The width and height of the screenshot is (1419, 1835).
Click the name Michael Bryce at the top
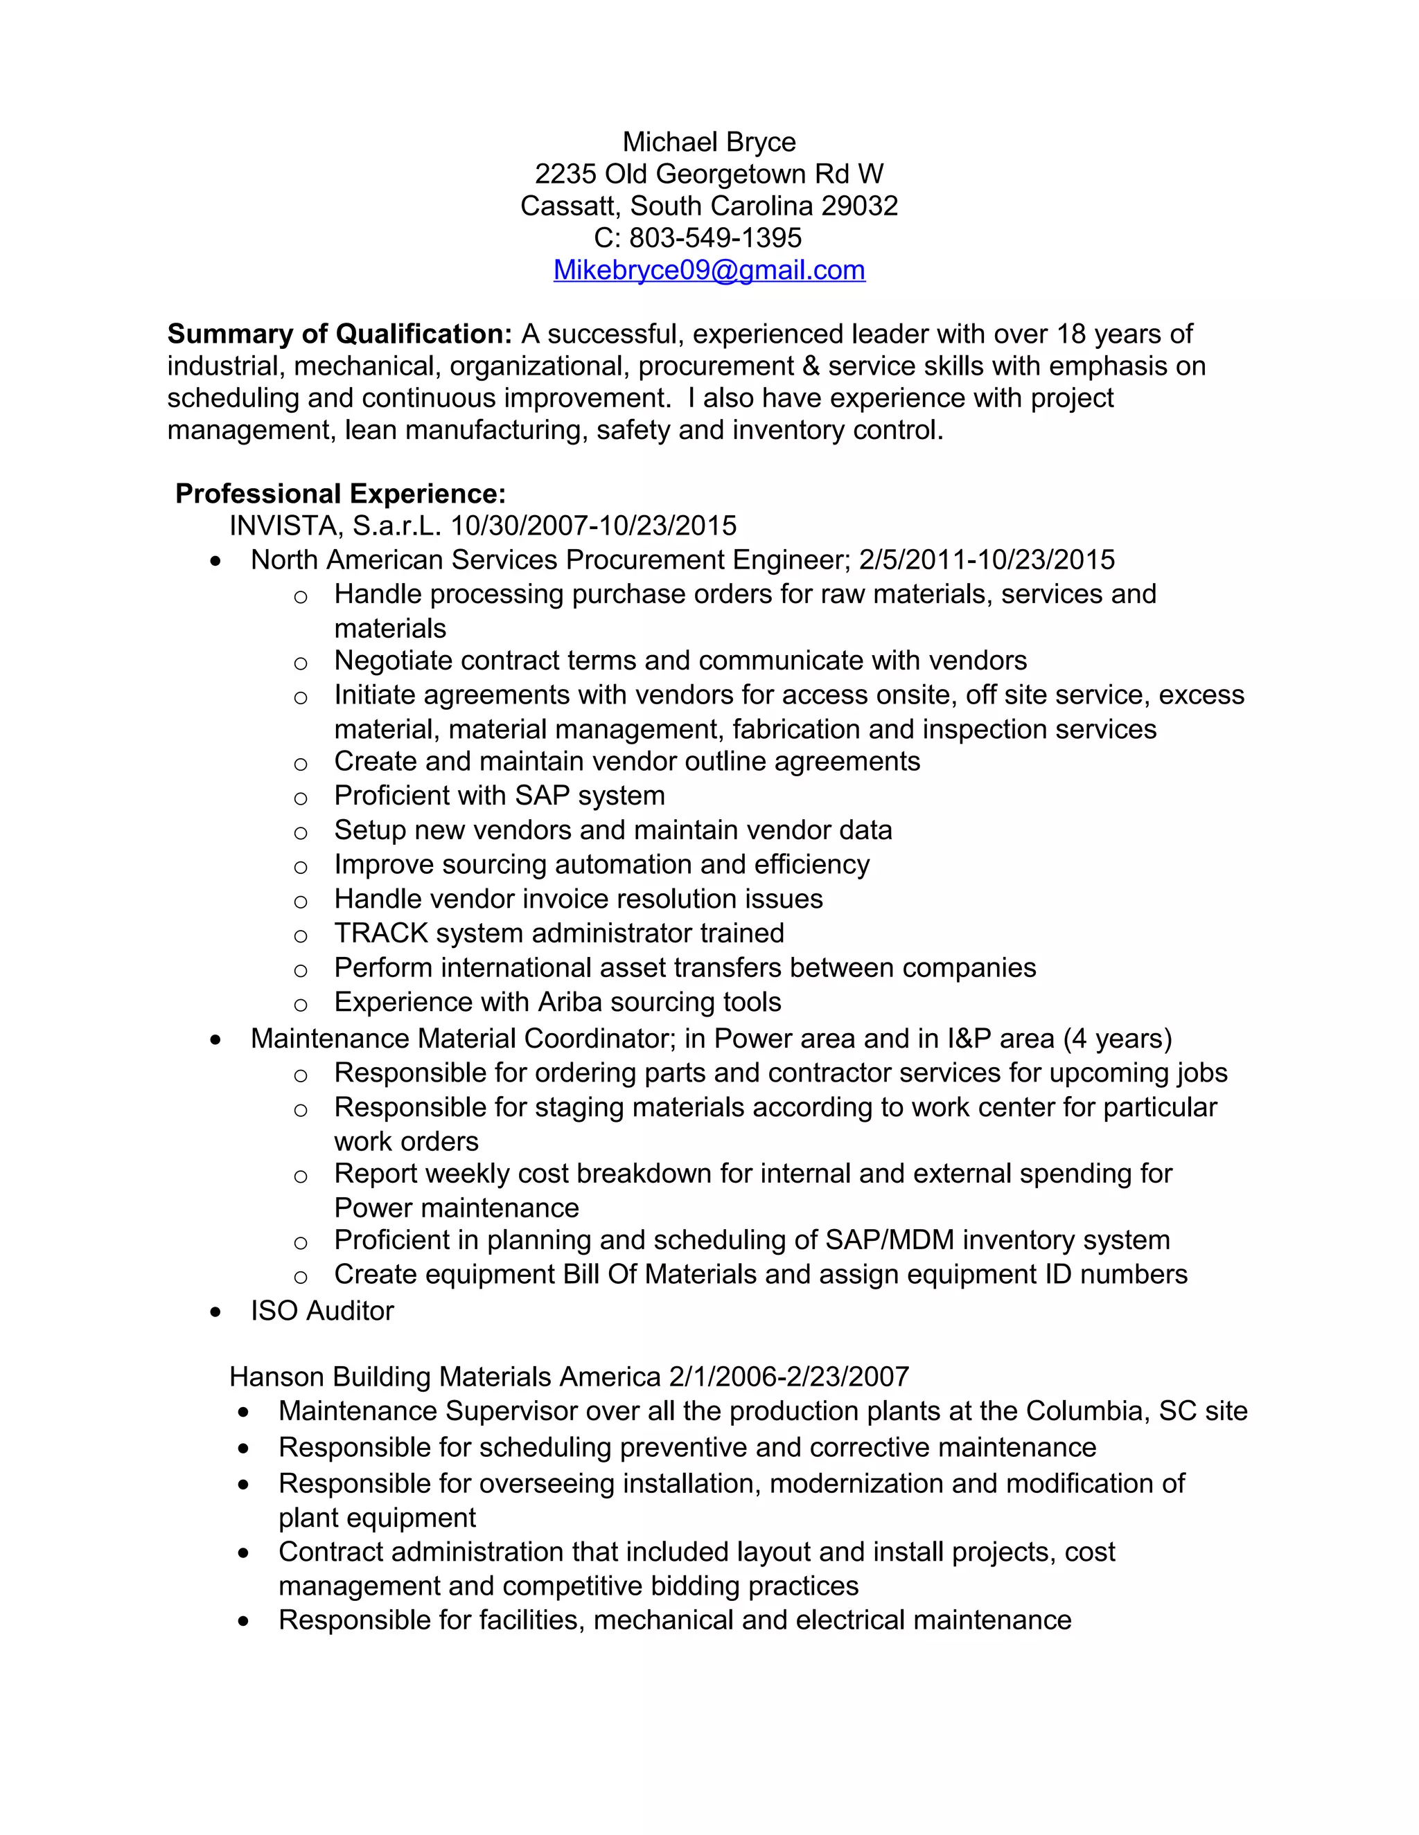[709, 142]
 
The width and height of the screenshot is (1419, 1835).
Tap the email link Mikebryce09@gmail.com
[709, 269]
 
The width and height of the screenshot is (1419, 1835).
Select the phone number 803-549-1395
[715, 238]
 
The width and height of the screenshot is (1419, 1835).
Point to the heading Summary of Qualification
[340, 334]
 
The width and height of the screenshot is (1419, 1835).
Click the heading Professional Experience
[340, 493]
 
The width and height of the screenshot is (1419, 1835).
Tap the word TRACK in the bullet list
[381, 933]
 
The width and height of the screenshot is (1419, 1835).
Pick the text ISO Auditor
[322, 1311]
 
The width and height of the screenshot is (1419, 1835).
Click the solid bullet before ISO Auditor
[216, 1312]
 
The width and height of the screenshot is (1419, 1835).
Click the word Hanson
[277, 1377]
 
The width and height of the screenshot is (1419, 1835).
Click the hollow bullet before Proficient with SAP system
[300, 797]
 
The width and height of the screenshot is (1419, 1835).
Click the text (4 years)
[1117, 1039]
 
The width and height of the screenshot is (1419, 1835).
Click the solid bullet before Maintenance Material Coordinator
[216, 1040]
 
